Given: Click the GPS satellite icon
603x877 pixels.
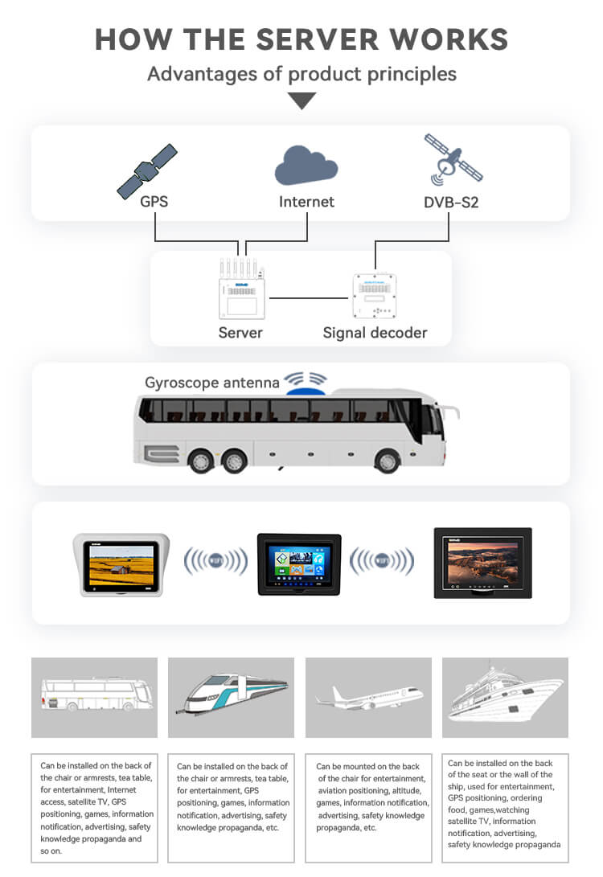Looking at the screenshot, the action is click(147, 171).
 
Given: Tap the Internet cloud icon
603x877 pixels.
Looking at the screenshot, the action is click(306, 165).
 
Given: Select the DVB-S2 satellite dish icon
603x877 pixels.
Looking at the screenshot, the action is click(453, 160).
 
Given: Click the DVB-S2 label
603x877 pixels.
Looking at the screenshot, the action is click(451, 202).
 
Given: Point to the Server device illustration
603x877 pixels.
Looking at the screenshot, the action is click(242, 289).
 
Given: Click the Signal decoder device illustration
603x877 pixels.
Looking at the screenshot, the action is click(375, 295).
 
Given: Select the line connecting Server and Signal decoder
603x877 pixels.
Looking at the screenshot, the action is click(309, 298).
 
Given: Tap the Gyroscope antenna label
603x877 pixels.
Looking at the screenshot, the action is click(212, 383).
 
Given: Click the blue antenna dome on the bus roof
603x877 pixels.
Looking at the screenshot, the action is click(306, 391).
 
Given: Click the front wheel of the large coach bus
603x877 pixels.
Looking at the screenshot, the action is click(387, 461).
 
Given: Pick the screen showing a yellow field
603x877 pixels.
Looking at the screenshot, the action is click(121, 565).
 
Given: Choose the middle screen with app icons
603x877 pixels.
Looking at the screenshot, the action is click(299, 564).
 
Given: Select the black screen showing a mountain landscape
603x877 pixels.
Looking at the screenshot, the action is click(482, 563).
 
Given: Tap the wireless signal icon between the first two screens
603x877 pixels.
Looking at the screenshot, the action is click(216, 560).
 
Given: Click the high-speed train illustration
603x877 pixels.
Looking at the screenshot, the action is click(232, 694).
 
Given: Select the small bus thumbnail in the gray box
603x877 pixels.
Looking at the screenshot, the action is click(96, 694).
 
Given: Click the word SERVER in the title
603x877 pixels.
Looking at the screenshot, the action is click(318, 39).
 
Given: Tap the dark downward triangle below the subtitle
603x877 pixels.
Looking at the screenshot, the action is click(302, 100).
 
